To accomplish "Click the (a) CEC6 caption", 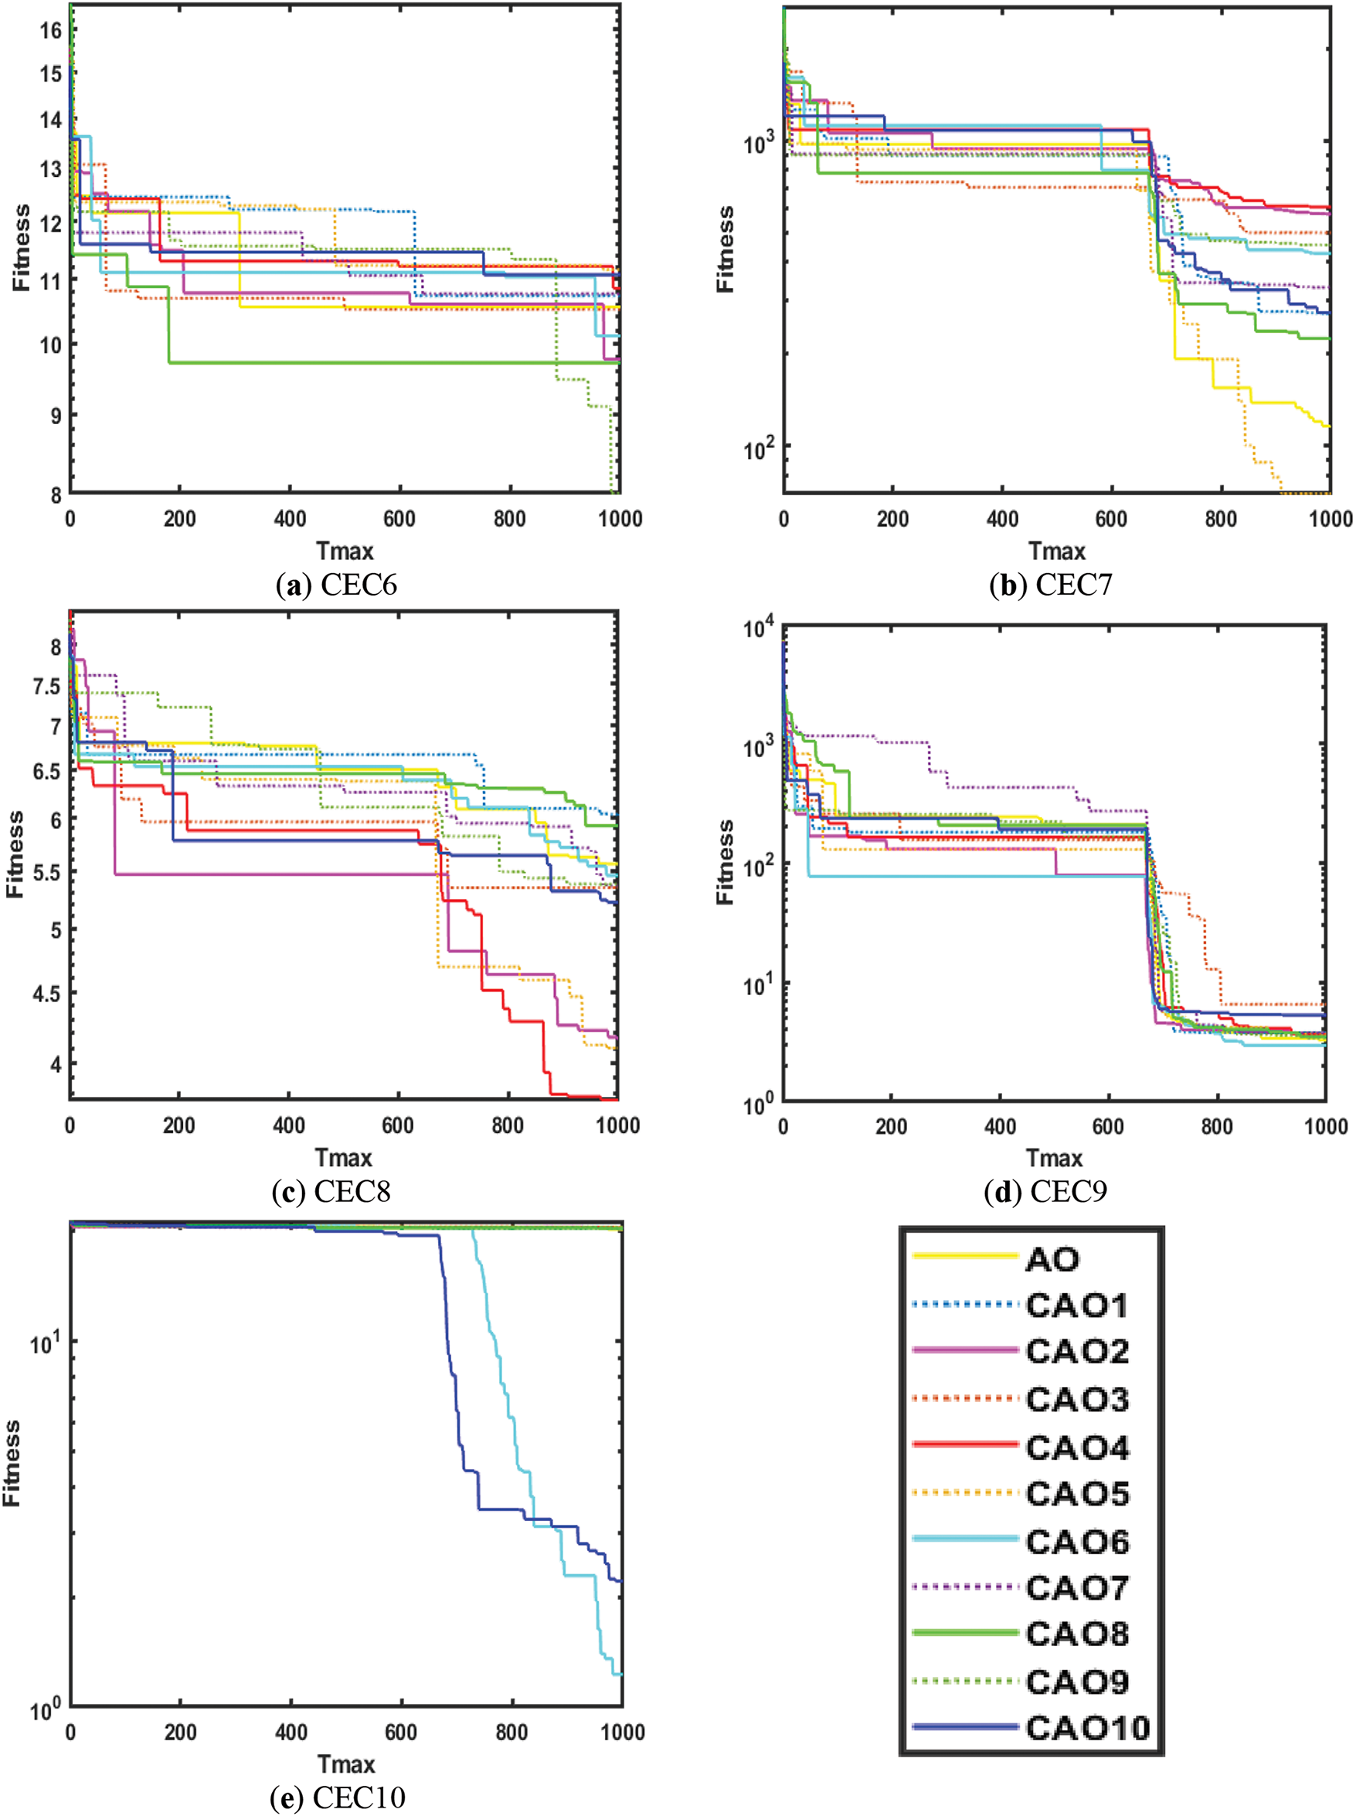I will [337, 585].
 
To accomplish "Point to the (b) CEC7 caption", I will [1051, 585].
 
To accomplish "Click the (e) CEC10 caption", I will [338, 1798].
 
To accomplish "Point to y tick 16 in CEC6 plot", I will [51, 30].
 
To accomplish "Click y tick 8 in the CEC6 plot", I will [55, 495].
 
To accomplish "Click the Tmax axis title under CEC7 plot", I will [1057, 552].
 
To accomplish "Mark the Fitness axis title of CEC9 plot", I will [725, 861].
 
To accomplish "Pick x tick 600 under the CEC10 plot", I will [400, 1733].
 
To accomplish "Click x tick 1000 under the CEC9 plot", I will [1326, 1126].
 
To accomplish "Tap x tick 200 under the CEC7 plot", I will [892, 518].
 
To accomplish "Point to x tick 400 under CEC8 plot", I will [289, 1126].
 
